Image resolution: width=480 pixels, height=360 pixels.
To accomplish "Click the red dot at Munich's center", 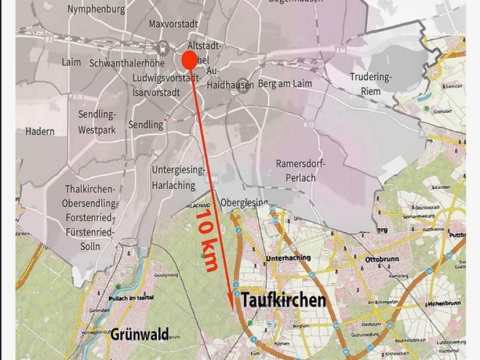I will (188, 60).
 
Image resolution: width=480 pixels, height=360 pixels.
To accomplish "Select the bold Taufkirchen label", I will (283, 300).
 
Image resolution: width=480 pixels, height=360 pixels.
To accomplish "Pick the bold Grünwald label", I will (139, 333).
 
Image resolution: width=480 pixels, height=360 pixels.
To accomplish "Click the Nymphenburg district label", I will (97, 9).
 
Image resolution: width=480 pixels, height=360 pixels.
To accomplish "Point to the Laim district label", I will (71, 62).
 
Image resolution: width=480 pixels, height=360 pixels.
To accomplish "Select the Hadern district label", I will (40, 131).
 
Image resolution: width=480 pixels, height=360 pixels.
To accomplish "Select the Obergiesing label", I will (244, 202).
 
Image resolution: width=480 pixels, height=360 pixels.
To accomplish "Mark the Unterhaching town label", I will (288, 257).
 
